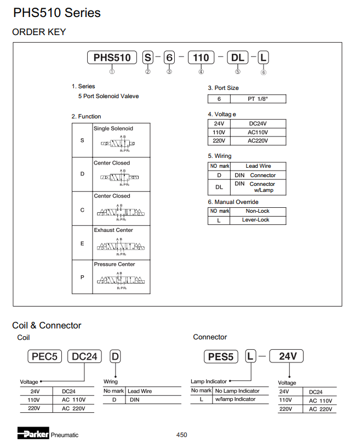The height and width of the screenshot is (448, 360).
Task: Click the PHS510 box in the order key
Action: (x=112, y=58)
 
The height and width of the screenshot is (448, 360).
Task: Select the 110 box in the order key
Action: (x=201, y=58)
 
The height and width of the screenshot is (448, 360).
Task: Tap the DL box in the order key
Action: (x=238, y=58)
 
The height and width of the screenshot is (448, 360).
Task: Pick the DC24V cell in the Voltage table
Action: (x=258, y=124)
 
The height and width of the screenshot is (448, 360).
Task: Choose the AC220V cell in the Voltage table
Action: (x=258, y=141)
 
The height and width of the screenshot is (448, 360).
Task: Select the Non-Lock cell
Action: (x=258, y=211)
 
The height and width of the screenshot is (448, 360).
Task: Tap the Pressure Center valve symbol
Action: (x=119, y=281)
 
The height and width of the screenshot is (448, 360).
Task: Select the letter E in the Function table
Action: (x=82, y=243)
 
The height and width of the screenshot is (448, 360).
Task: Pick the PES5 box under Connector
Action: (x=221, y=357)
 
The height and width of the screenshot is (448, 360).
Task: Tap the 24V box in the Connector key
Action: (x=288, y=356)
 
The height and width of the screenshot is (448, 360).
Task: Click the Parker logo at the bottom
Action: (x=33, y=434)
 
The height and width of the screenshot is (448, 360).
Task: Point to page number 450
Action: (x=182, y=435)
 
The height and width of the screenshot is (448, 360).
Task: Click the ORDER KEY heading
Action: (x=39, y=32)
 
